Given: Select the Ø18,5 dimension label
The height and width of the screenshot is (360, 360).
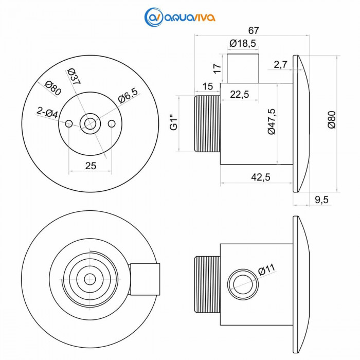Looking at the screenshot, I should coord(243,44).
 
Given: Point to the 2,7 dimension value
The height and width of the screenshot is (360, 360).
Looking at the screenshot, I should coord(281,64).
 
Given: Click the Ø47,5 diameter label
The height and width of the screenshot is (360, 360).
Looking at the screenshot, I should coord(272,122).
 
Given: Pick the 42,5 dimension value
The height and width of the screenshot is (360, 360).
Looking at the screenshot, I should coord(261,177).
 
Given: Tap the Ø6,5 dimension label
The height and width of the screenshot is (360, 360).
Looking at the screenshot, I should coord(128,96).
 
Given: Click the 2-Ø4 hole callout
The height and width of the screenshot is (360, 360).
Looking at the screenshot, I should coord(47,111).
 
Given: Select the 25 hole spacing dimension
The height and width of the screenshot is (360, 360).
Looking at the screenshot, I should coord(91,166).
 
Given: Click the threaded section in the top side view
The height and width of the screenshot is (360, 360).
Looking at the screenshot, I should coord(208,123).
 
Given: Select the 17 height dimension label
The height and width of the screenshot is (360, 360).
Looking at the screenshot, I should coord(218,67).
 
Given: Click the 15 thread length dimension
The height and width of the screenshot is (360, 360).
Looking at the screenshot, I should coord(208,87).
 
